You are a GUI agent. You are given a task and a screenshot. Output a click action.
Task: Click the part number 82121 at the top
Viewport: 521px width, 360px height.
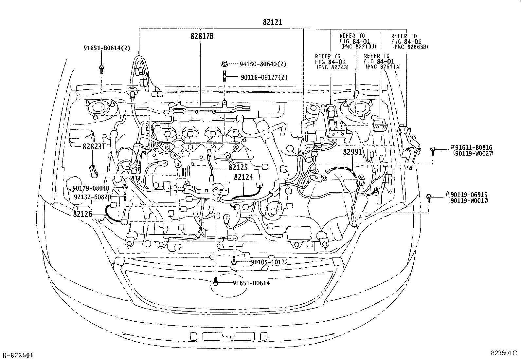(272, 22)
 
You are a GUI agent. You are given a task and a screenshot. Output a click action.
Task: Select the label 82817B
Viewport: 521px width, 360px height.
(202, 36)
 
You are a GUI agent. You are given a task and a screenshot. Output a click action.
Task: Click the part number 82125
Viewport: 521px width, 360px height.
(238, 167)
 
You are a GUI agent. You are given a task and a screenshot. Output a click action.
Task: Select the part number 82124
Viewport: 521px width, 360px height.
(243, 177)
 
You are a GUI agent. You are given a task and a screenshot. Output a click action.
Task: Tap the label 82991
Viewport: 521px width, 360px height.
(353, 152)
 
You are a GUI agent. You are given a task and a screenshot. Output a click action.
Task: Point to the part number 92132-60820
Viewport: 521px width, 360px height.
(93, 197)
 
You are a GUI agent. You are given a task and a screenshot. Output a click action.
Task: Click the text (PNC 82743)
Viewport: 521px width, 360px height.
(332, 67)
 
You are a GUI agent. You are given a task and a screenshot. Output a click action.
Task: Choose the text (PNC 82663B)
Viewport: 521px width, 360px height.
(410, 47)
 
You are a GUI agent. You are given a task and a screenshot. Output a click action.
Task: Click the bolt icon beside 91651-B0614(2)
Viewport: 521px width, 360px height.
(101, 68)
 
